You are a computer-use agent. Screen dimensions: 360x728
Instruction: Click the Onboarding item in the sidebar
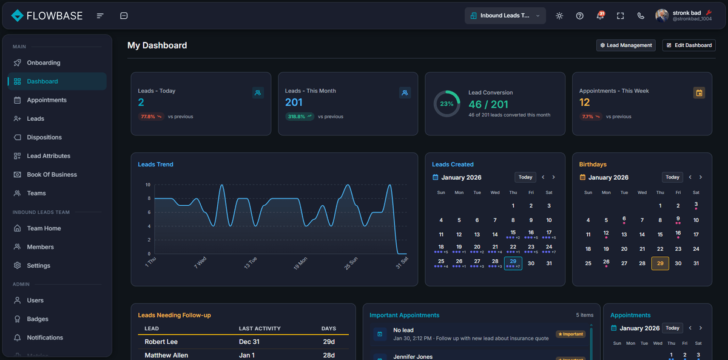pos(43,63)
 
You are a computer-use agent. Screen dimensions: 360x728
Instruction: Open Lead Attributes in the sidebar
pos(48,156)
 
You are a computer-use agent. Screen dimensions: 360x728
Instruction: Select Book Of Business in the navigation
pos(52,174)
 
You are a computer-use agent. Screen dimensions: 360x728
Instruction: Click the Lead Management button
pos(625,45)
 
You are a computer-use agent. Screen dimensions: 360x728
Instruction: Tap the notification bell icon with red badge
pos(600,16)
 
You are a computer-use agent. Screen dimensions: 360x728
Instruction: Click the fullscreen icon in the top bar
pos(620,16)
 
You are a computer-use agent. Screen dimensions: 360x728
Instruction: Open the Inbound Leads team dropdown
pos(505,16)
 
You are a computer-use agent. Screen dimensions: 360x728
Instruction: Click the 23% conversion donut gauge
pos(447,104)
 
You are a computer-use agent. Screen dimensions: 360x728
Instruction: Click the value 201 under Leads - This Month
pos(294,103)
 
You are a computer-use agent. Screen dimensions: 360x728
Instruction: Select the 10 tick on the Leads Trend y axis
pos(148,185)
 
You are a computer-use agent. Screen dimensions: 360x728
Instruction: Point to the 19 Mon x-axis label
pos(300,263)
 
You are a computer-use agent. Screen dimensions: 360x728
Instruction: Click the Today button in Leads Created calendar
pos(525,177)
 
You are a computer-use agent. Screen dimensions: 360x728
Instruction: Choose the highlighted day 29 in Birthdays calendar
pos(660,263)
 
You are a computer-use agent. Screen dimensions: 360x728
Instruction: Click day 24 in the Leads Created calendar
pos(548,247)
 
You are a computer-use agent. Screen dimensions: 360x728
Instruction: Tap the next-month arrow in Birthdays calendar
pos(701,177)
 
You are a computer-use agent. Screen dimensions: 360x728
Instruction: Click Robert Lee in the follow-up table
pos(161,342)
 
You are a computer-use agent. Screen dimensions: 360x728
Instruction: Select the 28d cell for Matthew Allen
pos(328,355)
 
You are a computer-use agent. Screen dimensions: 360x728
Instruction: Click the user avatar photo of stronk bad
pos(662,16)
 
